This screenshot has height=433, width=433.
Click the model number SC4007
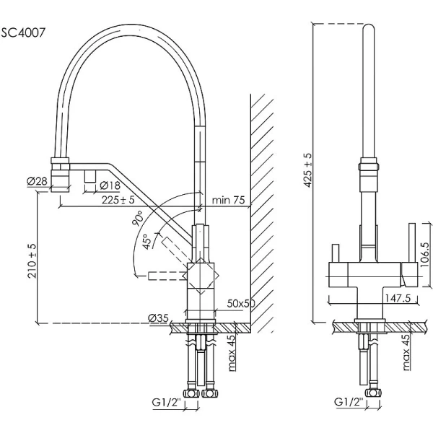click(25, 32)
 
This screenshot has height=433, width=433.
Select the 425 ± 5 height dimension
click(308, 170)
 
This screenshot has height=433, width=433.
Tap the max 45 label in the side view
click(231, 353)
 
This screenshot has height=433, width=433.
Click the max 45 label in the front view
click(406, 353)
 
